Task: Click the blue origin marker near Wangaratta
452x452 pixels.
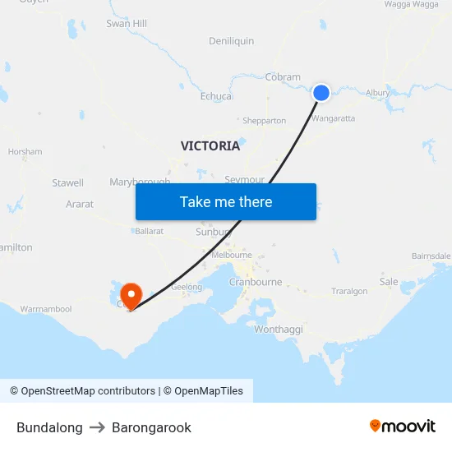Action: click(321, 93)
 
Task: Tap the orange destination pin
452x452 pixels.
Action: click(131, 295)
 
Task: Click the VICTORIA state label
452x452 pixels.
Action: click(210, 145)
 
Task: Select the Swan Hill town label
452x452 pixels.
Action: click(127, 24)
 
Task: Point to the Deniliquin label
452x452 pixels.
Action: click(231, 41)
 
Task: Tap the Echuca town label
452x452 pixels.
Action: click(216, 96)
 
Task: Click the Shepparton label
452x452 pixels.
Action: click(263, 121)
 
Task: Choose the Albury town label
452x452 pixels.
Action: click(378, 93)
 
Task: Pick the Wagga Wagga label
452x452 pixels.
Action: click(412, 4)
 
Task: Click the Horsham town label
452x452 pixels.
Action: click(25, 152)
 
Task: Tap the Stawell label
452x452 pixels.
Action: click(67, 182)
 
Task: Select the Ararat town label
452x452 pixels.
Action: click(80, 204)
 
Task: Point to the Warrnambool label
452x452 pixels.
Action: click(46, 309)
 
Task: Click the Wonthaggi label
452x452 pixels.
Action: click(279, 329)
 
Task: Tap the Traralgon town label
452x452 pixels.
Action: click(349, 291)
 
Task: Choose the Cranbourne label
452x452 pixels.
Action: click(256, 282)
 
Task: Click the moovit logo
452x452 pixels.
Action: click(403, 426)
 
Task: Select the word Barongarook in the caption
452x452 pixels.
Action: click(151, 427)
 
